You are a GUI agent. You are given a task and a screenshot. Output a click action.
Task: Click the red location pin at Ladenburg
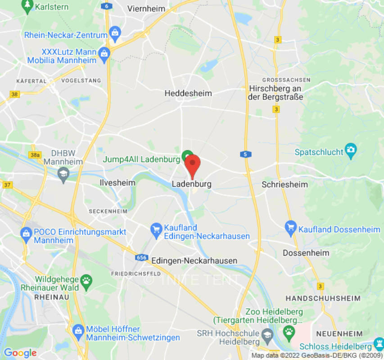tap(193, 165)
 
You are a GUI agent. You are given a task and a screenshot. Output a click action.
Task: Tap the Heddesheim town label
tap(188, 93)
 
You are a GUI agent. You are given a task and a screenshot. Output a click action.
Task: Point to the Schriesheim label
tap(285, 184)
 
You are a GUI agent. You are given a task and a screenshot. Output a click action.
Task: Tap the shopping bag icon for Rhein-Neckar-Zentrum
tap(115, 33)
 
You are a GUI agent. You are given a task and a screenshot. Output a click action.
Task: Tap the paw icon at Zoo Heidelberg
tap(289, 332)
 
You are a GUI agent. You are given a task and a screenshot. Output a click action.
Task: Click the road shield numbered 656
tap(141, 257)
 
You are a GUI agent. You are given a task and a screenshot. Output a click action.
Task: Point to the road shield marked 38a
tap(34, 155)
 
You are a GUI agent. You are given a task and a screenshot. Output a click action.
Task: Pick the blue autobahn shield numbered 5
tap(245, 154)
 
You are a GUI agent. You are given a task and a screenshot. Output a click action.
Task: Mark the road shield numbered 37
tap(7, 185)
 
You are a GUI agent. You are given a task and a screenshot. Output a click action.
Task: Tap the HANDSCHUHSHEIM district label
tap(323, 298)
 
